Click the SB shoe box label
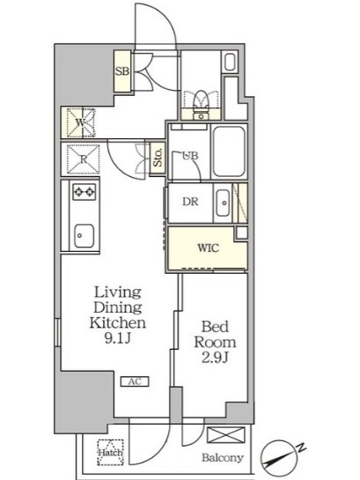(122, 71)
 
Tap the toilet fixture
(201, 104)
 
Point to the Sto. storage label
(158, 159)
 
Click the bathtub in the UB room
(229, 151)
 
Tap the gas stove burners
(84, 192)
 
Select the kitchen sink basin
(84, 235)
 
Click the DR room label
(190, 202)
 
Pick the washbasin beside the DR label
(223, 203)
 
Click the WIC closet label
(208, 247)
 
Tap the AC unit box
(135, 381)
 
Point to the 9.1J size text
(118, 338)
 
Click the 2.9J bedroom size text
(215, 358)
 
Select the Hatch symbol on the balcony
(110, 453)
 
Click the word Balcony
(223, 458)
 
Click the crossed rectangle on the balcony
(226, 435)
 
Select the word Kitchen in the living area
(117, 322)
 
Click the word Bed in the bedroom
(215, 327)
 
